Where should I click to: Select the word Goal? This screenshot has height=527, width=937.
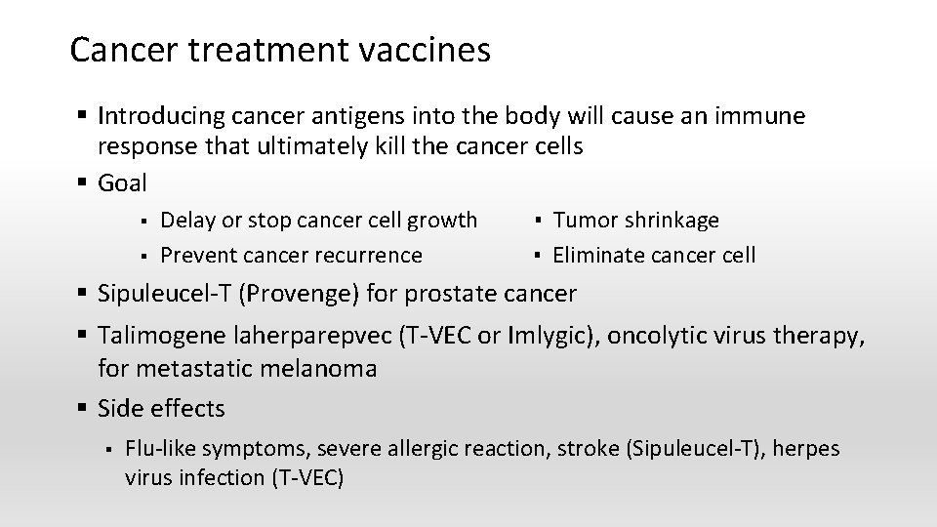[122, 182]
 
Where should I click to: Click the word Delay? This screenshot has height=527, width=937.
[187, 221]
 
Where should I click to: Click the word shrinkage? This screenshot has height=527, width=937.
[671, 221]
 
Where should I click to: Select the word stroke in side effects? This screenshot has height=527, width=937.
[595, 449]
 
